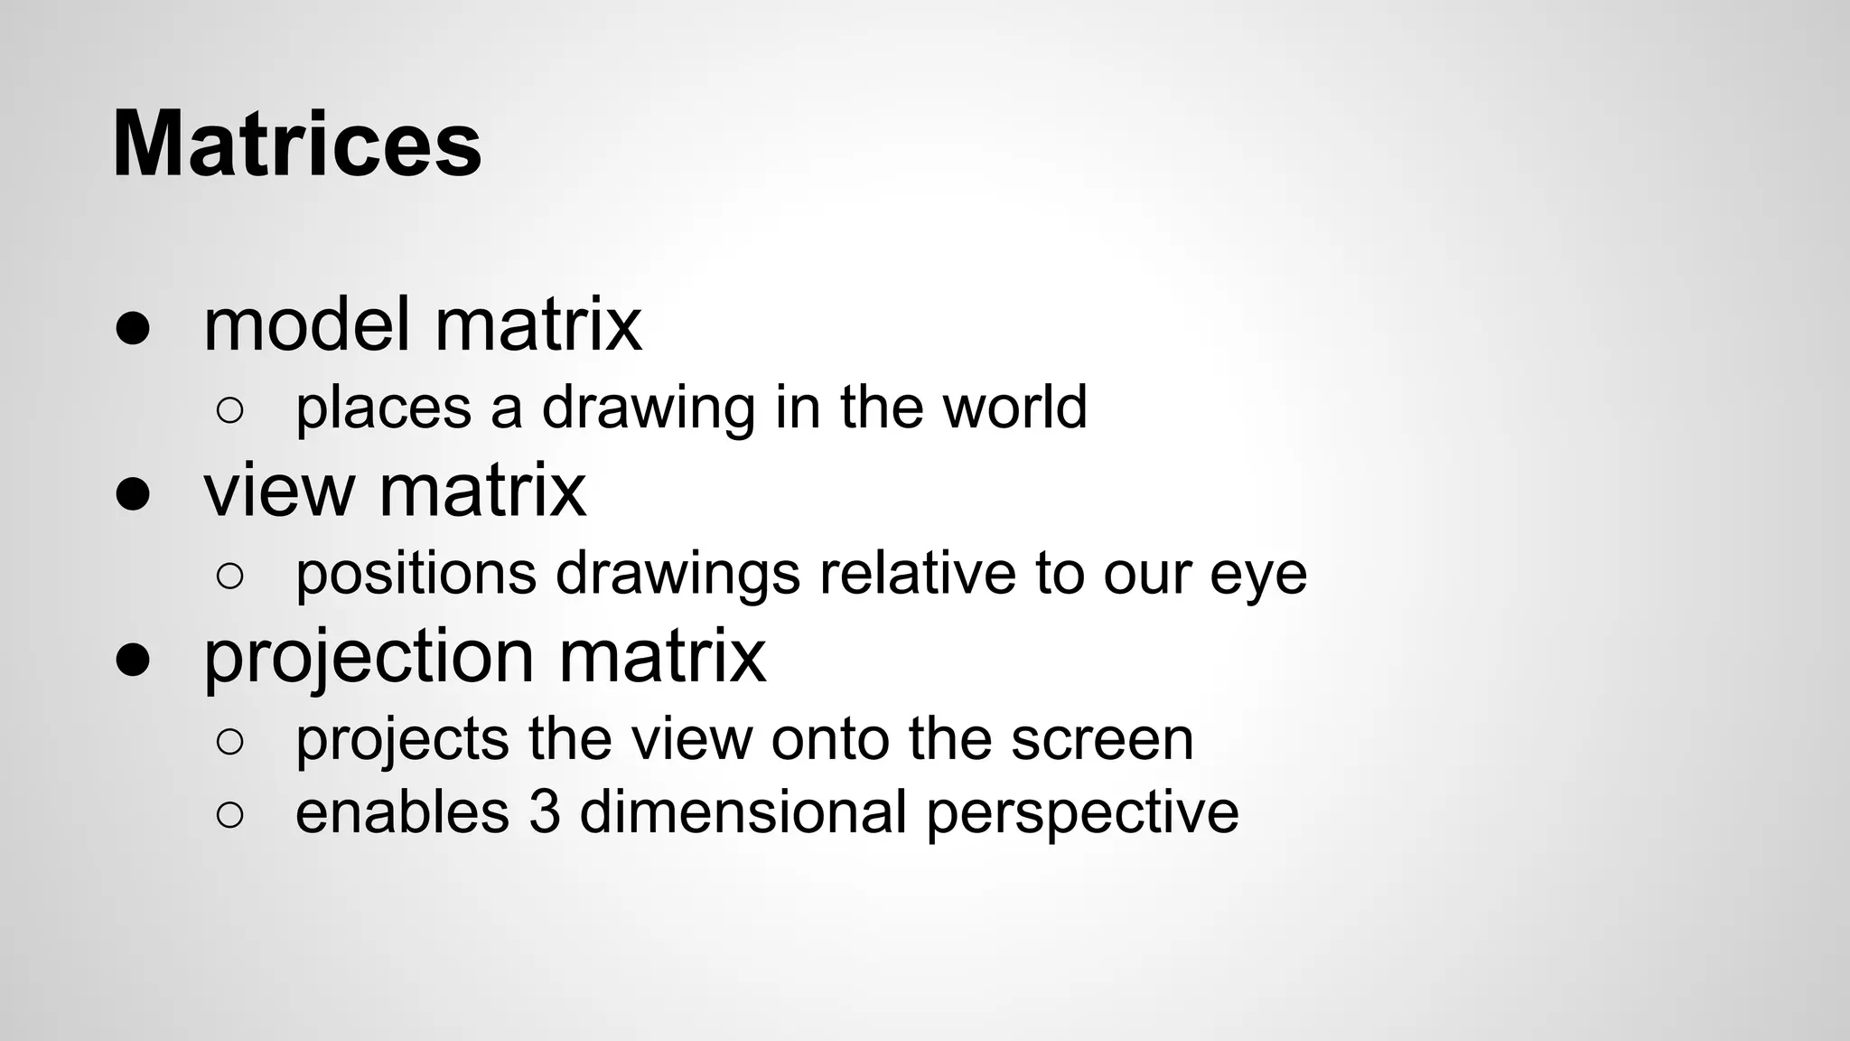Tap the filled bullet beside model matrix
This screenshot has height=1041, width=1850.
(133, 329)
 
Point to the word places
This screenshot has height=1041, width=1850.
(383, 408)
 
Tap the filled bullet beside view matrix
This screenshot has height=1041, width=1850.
(133, 495)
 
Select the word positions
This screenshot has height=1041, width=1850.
(416, 574)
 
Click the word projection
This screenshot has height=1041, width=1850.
(369, 658)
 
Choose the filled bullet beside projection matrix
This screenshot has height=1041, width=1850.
(133, 661)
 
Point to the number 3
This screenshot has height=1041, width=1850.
(544, 811)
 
